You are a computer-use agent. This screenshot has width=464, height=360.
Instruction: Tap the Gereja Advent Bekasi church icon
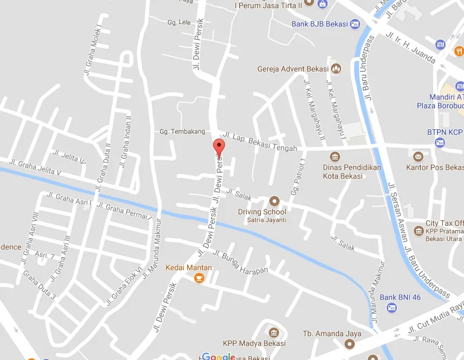point(336,69)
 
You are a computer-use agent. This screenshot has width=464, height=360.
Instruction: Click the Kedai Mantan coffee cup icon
point(199,278)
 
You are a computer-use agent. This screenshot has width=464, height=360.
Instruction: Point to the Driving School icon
point(275,201)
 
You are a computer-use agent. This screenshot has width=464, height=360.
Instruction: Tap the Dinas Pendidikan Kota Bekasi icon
point(335,157)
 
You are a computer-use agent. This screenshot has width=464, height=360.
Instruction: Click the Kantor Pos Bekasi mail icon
point(417,157)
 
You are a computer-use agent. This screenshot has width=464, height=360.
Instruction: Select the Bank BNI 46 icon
point(392,307)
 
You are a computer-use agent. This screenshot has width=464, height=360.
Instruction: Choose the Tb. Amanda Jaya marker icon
point(350,344)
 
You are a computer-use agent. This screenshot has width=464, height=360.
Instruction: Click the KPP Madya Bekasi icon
point(274,332)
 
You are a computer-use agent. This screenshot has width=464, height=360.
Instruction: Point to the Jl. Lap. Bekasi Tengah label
point(260,141)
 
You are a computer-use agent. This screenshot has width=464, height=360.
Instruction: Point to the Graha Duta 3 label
point(39,285)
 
